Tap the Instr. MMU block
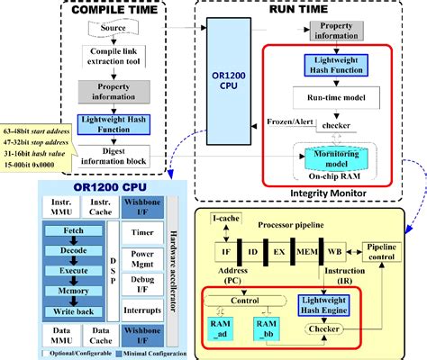62,209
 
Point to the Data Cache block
102,338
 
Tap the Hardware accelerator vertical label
174,270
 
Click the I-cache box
225,219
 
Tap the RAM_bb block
268,327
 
